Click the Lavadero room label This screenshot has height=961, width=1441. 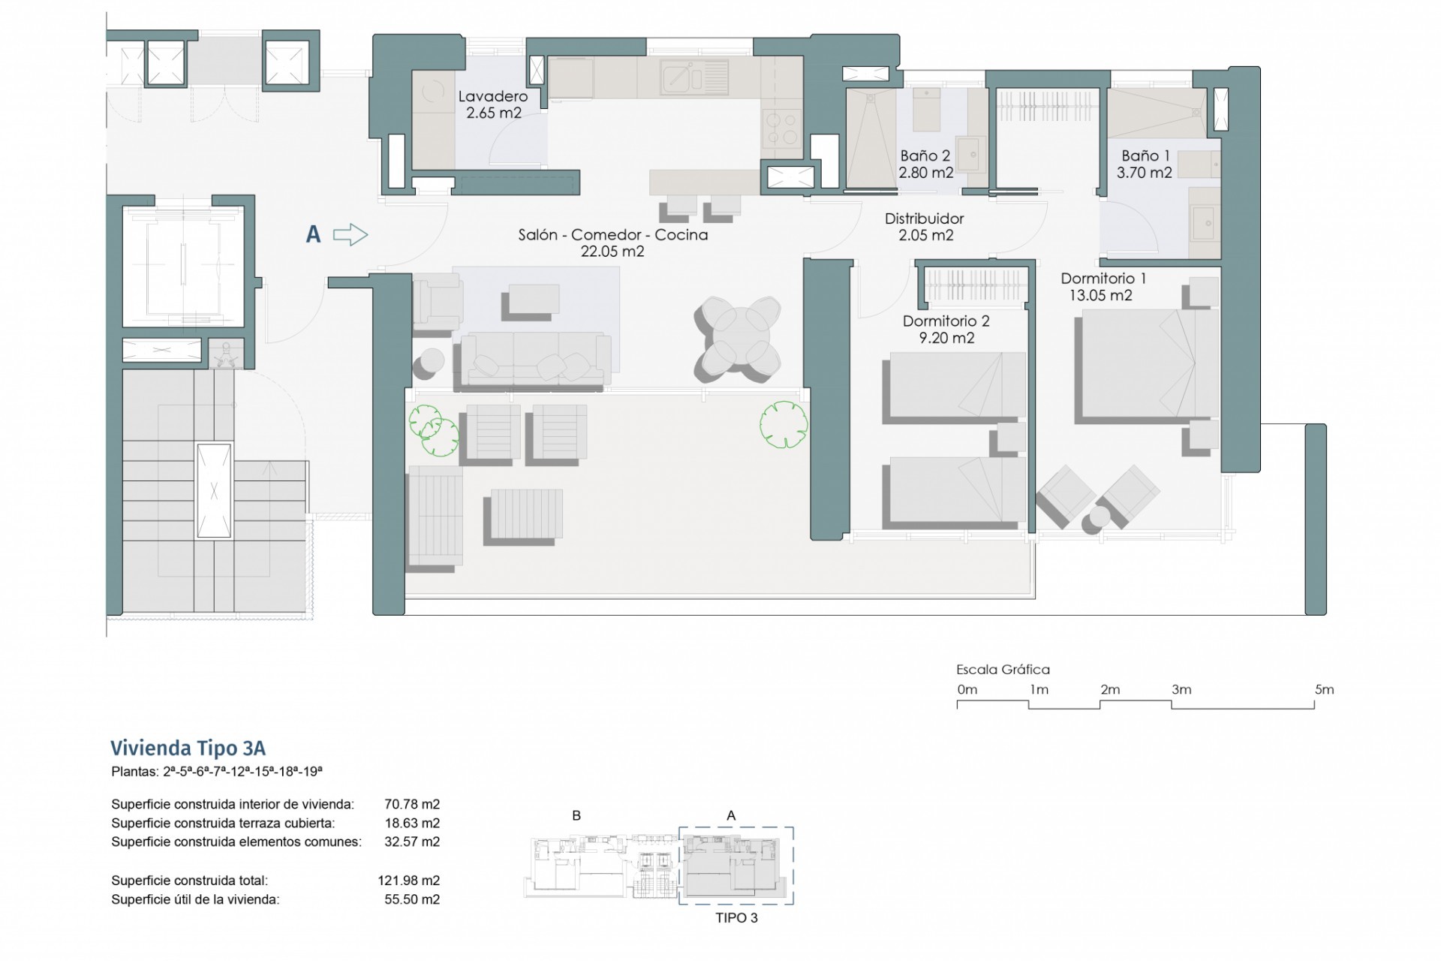pos(493,97)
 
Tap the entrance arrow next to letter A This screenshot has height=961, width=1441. pos(350,235)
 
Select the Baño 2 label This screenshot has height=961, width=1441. pos(925,156)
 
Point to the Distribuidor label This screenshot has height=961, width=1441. pos(924,218)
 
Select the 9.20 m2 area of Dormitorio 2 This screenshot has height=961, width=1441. pos(946,338)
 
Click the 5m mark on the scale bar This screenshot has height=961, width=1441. pos(1324,689)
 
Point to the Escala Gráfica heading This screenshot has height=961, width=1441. pos(1003,669)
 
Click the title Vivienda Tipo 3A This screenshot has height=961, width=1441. pos(188,748)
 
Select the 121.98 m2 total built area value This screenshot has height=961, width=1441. pos(409,880)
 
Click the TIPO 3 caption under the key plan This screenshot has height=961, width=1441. pos(736,917)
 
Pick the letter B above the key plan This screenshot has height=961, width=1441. pos(576,815)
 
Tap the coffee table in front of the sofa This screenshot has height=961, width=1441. pos(534,298)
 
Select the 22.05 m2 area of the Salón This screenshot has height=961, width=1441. pos(612,252)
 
